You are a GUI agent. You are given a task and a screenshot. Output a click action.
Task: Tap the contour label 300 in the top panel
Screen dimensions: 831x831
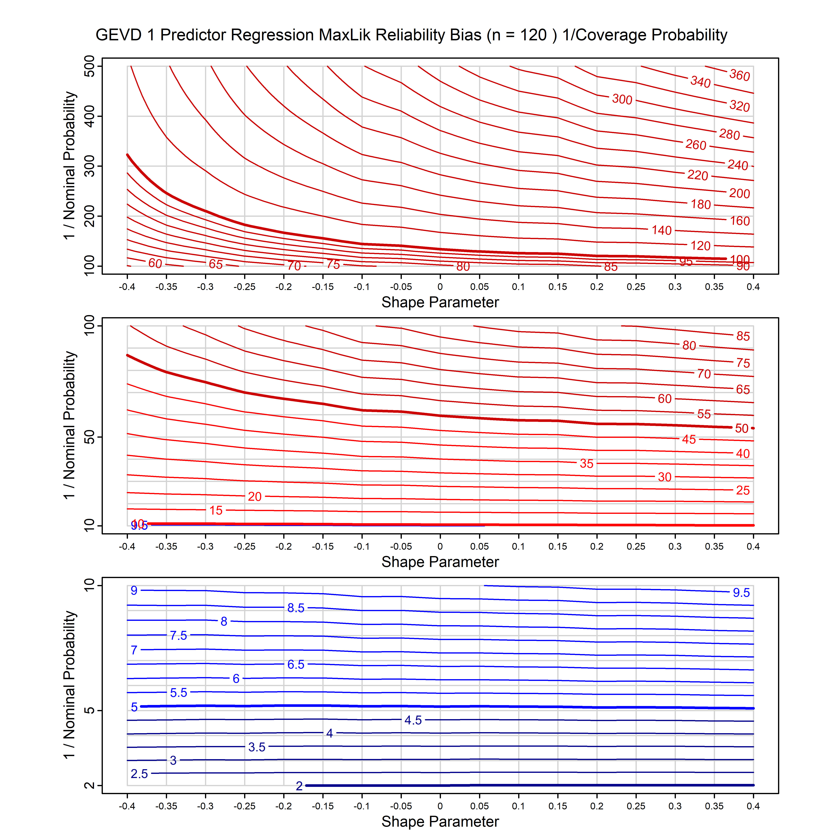[x=622, y=99]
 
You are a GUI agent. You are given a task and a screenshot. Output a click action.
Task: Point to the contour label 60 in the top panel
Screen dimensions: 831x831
[x=155, y=263]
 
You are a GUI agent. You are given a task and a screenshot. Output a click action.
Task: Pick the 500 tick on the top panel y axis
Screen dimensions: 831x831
[x=90, y=66]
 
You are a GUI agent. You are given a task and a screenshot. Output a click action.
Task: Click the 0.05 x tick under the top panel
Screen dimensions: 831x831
[x=479, y=287]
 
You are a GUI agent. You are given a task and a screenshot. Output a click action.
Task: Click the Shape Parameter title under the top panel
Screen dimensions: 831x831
[x=440, y=302]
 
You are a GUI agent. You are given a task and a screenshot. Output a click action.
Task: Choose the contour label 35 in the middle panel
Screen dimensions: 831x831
[x=586, y=464]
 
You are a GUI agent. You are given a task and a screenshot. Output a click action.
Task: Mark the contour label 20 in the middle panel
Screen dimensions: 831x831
[x=255, y=497]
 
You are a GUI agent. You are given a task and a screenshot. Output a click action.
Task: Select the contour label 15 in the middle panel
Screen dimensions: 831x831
[x=216, y=511]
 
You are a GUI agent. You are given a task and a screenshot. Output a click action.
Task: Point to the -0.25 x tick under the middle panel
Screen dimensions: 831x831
[x=244, y=547]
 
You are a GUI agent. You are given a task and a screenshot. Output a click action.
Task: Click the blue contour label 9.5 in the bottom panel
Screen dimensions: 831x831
[x=741, y=593]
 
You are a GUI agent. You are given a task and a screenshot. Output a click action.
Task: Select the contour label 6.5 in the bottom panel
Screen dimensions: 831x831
[x=296, y=665]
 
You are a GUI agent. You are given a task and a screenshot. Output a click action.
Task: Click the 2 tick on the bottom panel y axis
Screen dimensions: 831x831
[x=90, y=785]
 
